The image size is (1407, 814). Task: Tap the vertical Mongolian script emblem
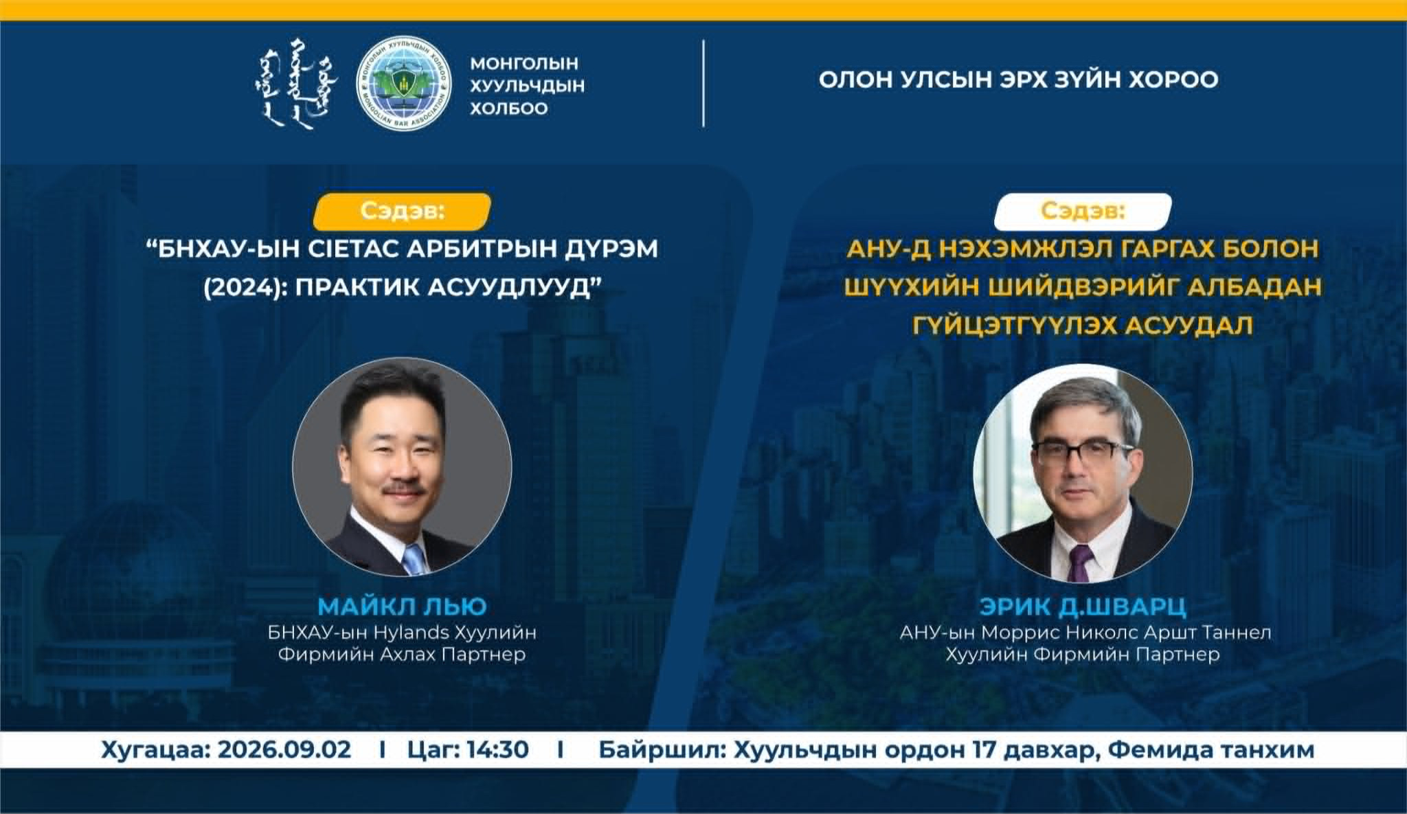pos(301,84)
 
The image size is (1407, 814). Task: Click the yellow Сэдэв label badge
pos(402,211)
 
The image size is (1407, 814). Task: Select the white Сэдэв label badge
pos(1083,211)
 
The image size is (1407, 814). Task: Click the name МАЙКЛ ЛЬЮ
pos(402,607)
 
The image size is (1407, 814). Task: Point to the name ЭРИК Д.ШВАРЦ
pos(1083,607)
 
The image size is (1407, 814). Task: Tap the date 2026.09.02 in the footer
pos(284,749)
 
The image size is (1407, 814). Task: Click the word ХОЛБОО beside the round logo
pos(509,109)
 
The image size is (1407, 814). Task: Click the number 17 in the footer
pos(985,749)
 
